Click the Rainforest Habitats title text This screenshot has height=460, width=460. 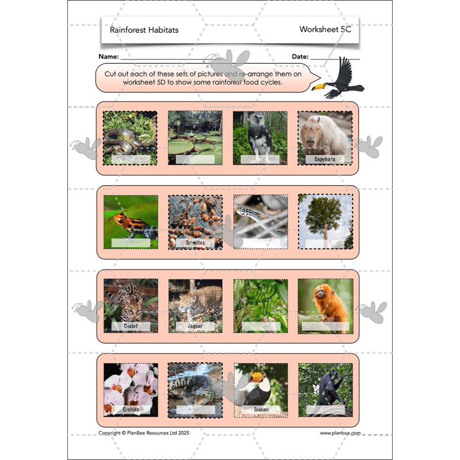[144, 30]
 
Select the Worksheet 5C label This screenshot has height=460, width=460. [325, 29]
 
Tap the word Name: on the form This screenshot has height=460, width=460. [109, 57]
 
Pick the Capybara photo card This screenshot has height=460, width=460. [325, 137]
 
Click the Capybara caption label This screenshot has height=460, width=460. [325, 159]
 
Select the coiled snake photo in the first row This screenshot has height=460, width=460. [130, 137]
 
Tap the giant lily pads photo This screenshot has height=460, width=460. [195, 137]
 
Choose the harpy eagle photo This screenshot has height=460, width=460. [260, 137]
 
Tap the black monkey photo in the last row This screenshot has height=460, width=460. [325, 389]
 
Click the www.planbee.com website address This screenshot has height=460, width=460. [340, 433]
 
